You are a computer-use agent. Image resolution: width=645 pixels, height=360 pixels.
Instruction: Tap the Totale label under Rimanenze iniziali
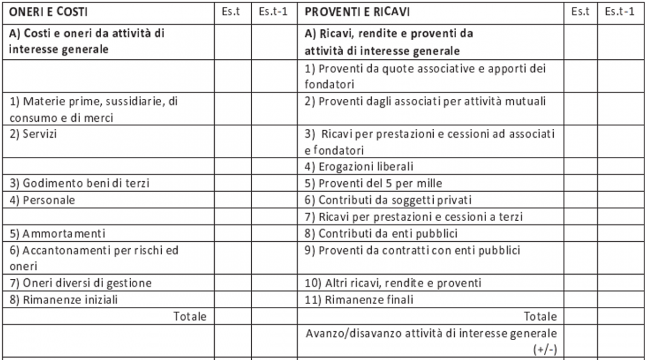pos(189,316)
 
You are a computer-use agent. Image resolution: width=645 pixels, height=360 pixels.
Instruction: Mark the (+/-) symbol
pos(547,349)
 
